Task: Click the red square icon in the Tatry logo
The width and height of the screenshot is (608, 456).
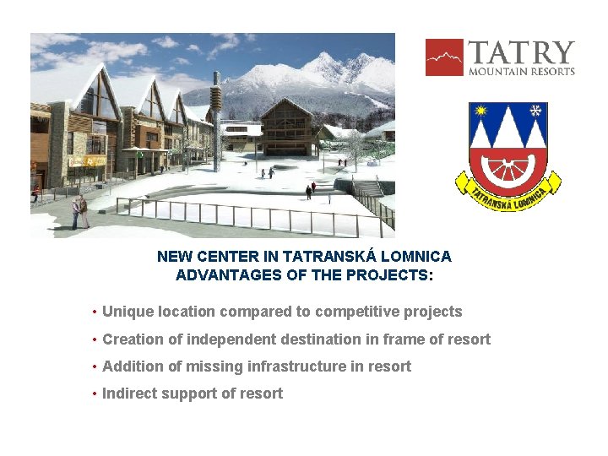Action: click(x=444, y=57)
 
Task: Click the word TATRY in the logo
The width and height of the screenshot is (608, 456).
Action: click(x=521, y=52)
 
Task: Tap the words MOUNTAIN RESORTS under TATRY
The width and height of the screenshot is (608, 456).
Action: click(x=521, y=72)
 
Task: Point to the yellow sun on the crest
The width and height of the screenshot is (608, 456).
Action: click(x=481, y=111)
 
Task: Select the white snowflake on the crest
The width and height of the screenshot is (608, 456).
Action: click(x=534, y=111)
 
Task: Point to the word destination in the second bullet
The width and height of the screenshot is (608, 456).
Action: click(x=321, y=339)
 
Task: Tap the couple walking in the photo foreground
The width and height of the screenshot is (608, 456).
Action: click(x=79, y=212)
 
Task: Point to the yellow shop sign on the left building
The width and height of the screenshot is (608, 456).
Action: click(x=87, y=160)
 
